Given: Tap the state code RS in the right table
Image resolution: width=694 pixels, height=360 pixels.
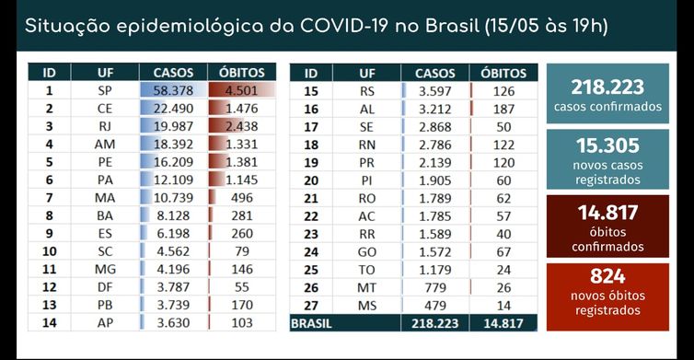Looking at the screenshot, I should click(x=367, y=91).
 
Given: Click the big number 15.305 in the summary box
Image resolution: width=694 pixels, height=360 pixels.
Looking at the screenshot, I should click(x=607, y=144).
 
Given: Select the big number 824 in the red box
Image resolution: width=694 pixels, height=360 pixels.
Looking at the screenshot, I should click(x=607, y=275).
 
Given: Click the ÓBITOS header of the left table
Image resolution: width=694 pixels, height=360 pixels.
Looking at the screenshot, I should click(x=241, y=71).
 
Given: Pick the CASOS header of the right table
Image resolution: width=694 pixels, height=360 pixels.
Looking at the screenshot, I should click(x=434, y=71).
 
